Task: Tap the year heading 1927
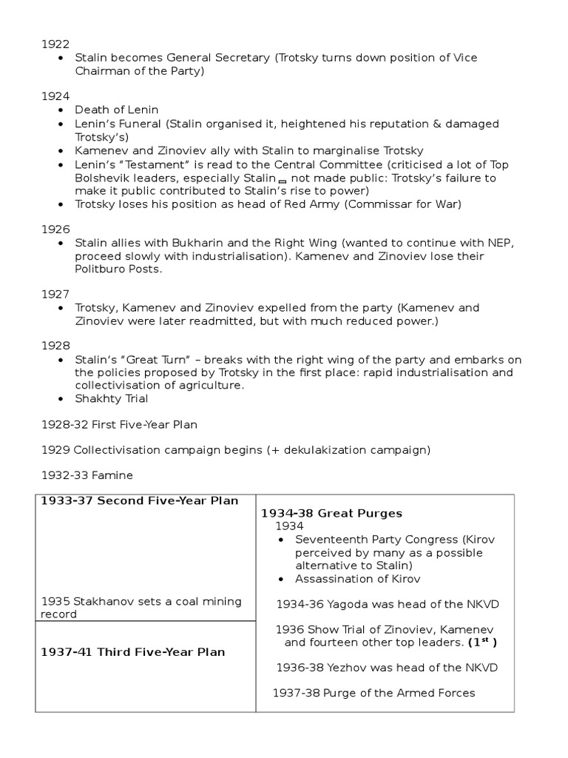(54, 294)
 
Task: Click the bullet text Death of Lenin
(117, 110)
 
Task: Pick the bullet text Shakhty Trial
(112, 399)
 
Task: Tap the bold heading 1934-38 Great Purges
(331, 513)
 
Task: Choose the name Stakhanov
(98, 602)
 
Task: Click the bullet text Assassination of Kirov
(357, 580)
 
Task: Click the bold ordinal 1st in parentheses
(481, 642)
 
